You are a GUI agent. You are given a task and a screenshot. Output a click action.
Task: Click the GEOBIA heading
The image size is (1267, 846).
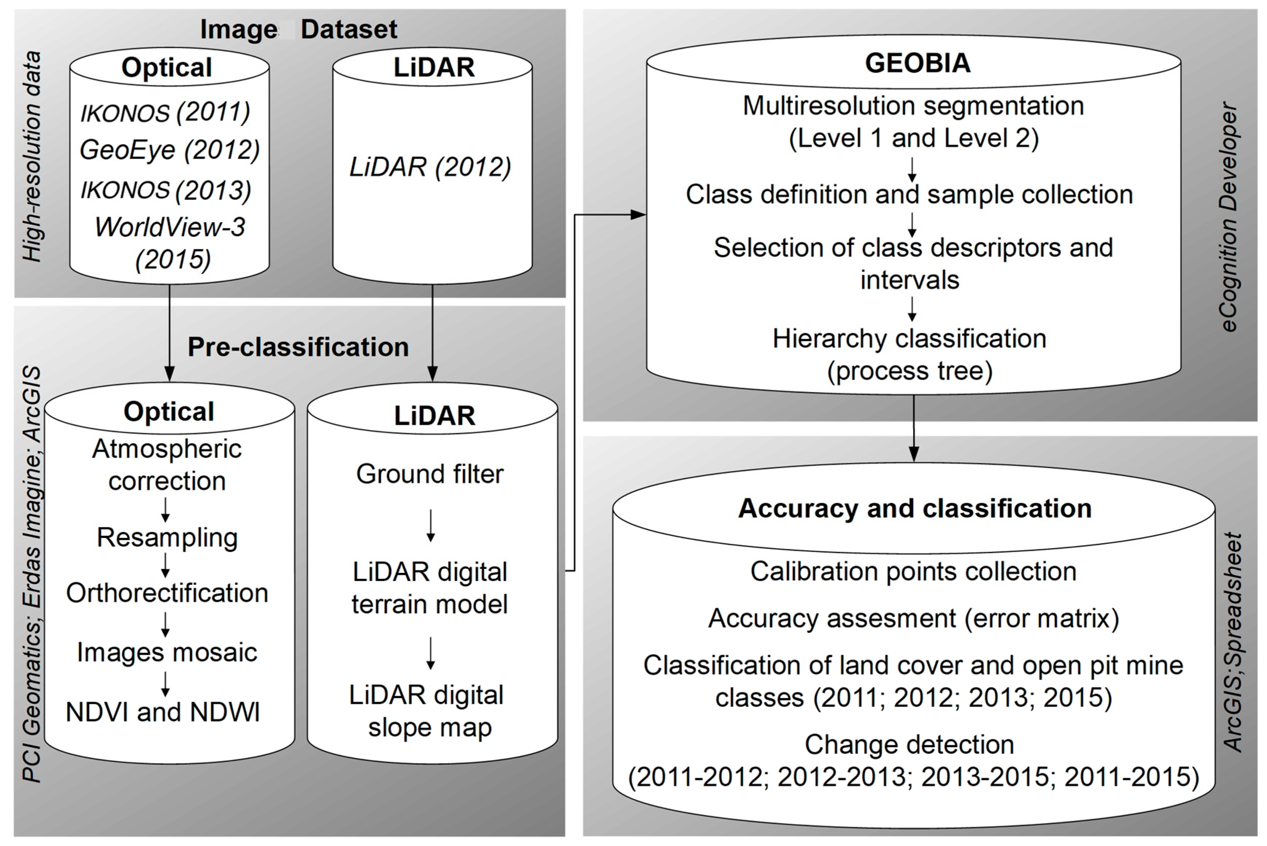click(x=917, y=63)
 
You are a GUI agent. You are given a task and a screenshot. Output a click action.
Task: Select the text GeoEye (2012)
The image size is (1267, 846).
click(x=169, y=150)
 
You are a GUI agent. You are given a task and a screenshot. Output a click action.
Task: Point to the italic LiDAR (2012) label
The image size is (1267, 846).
click(x=430, y=167)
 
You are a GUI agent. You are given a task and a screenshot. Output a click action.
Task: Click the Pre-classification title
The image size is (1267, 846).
click(x=298, y=347)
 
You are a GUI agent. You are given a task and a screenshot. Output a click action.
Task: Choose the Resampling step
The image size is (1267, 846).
click(x=167, y=537)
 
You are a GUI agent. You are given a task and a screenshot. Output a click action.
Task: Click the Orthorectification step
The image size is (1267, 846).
click(x=167, y=593)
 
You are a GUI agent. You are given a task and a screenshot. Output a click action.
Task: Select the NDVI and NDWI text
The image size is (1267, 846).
click(x=163, y=712)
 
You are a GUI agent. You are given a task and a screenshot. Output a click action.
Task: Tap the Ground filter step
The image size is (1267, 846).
click(x=430, y=474)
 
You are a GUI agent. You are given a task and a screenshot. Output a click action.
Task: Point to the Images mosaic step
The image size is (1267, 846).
click(x=167, y=652)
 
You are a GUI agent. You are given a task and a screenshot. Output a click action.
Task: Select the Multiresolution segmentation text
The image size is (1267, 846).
click(x=913, y=106)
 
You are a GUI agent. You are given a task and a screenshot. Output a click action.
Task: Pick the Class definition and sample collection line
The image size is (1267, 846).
click(x=909, y=194)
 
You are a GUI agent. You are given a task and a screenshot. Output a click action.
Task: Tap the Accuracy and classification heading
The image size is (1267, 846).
click(x=915, y=508)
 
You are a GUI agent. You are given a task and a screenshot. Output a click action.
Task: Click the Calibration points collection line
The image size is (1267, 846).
click(x=913, y=572)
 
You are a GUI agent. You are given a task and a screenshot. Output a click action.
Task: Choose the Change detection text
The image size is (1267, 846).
click(x=909, y=745)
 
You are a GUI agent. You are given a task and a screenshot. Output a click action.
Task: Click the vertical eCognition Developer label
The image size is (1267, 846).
click(x=1230, y=216)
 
